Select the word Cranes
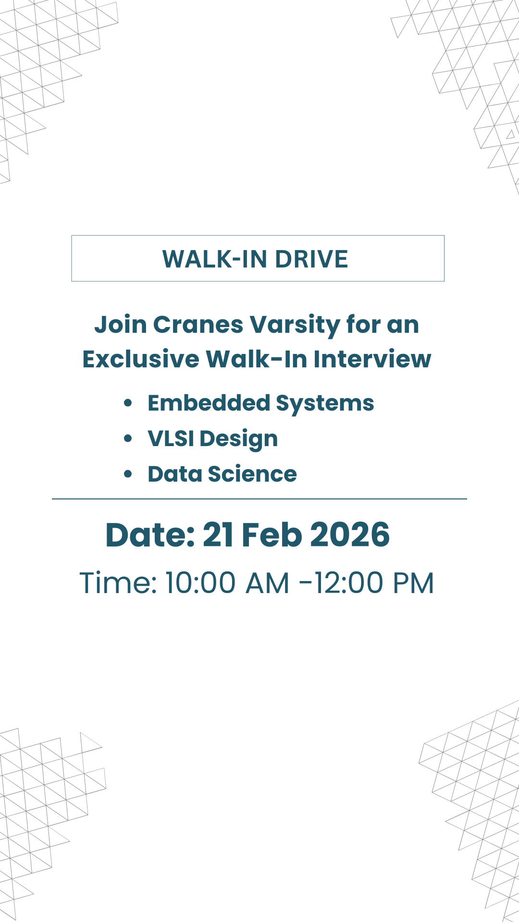pos(198,325)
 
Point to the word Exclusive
pos(141,359)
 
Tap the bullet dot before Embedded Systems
pos(128,403)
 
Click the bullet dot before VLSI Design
pos(128,438)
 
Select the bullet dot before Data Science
pos(128,474)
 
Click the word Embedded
pos(209,403)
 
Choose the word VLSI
pos(171,438)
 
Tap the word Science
pos(252,474)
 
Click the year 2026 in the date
pos(350,535)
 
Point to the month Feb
pos(272,535)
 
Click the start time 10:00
pos(200,583)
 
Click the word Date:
pos(150,535)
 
